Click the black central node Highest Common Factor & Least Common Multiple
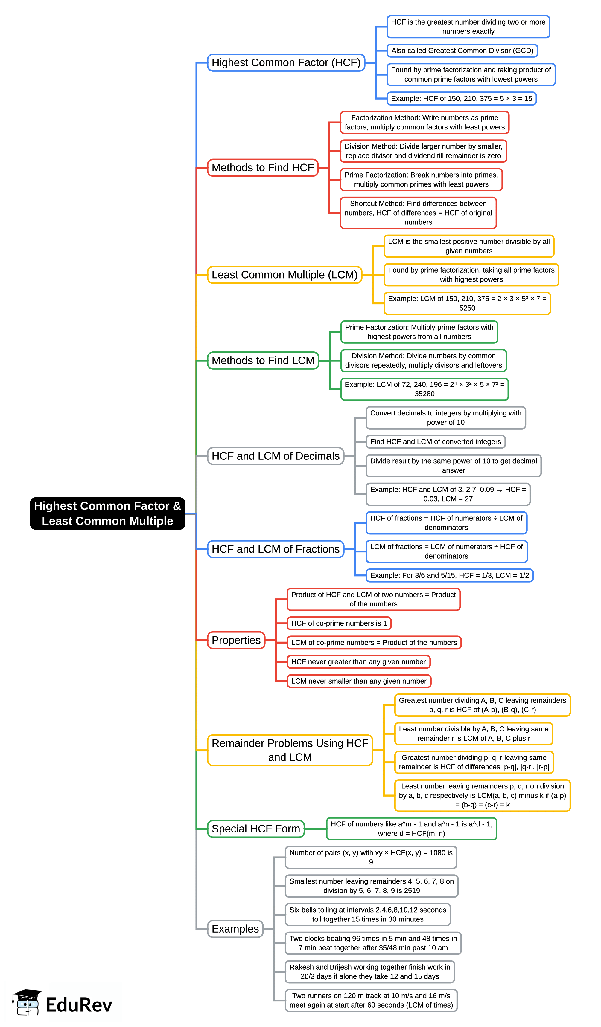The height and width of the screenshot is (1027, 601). tap(107, 513)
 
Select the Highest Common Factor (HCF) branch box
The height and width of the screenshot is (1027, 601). tap(286, 62)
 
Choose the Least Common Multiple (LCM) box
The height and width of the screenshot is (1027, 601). tap(284, 275)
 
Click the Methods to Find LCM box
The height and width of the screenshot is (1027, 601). tap(263, 361)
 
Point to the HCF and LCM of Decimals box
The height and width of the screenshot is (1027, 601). tap(276, 456)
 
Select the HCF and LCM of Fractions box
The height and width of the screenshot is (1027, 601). tap(276, 549)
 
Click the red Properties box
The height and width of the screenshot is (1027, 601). tap(236, 640)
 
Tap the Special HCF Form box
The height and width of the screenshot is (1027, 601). tap(255, 829)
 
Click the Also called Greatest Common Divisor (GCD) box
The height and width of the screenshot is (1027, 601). tap(462, 51)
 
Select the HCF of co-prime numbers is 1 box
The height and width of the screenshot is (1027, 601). tap(339, 623)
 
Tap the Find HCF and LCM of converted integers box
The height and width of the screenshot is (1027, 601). tap(435, 442)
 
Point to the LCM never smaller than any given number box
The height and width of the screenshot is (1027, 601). tap(359, 681)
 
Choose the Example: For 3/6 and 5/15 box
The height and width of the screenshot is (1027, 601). tap(449, 575)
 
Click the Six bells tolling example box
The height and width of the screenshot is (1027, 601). tap(368, 915)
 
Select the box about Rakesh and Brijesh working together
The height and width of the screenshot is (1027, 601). tap(370, 972)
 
